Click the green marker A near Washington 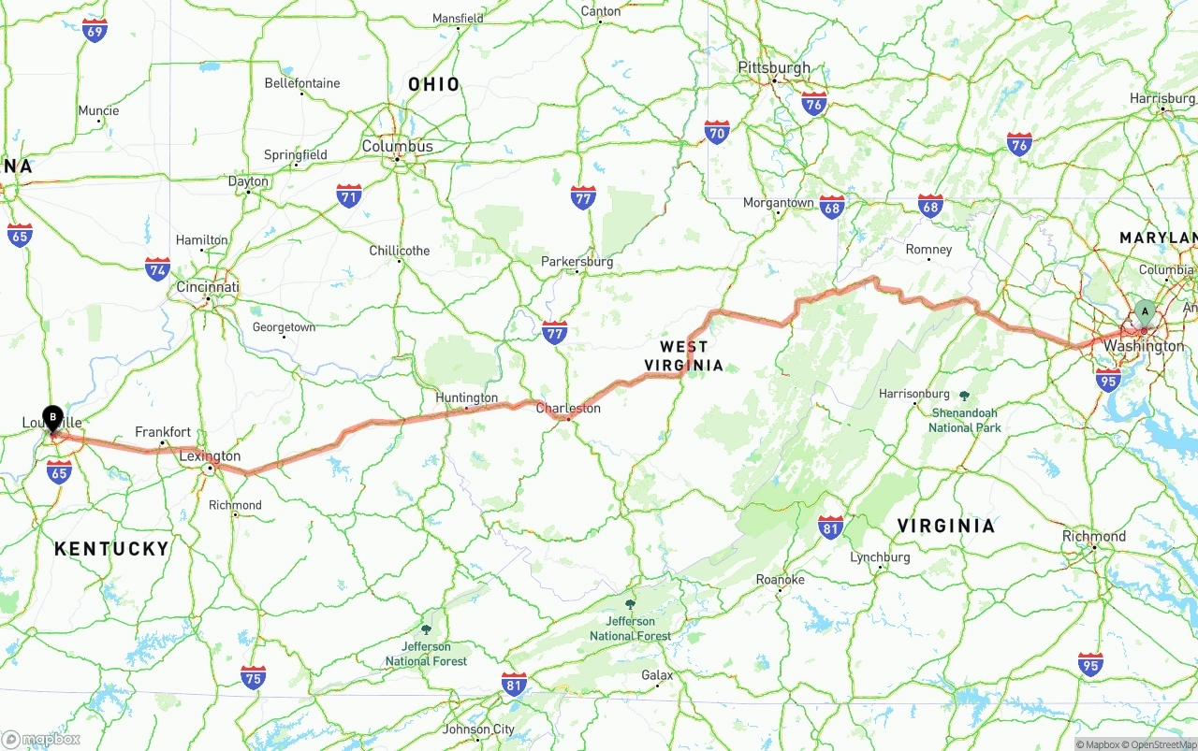click(x=1144, y=312)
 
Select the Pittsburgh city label click(x=774, y=68)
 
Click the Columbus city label click(x=397, y=147)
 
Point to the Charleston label click(x=568, y=409)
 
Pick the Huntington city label click(x=466, y=398)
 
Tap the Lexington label click(x=210, y=456)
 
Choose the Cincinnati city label click(x=208, y=287)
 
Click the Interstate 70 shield click(x=717, y=132)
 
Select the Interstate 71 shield click(x=349, y=195)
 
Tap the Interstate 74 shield click(x=157, y=269)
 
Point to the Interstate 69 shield click(x=95, y=31)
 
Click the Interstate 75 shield click(x=253, y=677)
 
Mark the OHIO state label click(x=434, y=85)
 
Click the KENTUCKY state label click(x=111, y=549)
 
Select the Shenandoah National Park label click(x=964, y=420)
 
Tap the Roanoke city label click(x=780, y=580)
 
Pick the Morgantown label click(x=778, y=203)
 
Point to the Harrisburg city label click(x=1162, y=98)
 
